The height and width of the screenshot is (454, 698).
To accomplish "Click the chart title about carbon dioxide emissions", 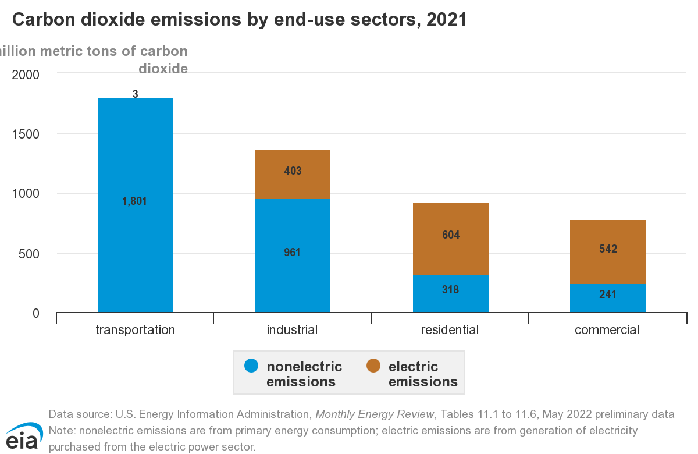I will click(x=239, y=20).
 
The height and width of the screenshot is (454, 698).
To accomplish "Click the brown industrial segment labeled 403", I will click(x=292, y=174).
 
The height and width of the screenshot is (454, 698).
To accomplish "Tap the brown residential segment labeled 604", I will click(x=450, y=238).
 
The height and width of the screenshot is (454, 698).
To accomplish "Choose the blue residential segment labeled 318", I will click(x=450, y=293).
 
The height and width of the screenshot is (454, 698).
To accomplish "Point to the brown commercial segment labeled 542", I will click(x=607, y=251).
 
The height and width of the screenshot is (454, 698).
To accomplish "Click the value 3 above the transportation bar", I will click(x=135, y=93).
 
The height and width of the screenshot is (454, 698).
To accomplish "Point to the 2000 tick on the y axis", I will click(x=25, y=75).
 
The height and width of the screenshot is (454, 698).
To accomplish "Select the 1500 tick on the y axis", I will click(x=25, y=134).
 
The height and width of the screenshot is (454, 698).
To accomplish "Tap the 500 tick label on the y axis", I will click(x=28, y=254).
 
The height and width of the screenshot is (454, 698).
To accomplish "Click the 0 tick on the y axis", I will click(x=35, y=313).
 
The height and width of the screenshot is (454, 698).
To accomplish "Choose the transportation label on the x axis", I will click(x=135, y=330).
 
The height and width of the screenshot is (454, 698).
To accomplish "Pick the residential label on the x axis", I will click(x=450, y=330).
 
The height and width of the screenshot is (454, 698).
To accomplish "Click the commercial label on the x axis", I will click(x=607, y=330).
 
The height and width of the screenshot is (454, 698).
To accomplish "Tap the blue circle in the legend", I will click(x=251, y=366).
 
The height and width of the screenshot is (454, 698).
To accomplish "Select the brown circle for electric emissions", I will click(x=373, y=366).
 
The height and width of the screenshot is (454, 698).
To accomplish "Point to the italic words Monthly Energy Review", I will click(x=375, y=414).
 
